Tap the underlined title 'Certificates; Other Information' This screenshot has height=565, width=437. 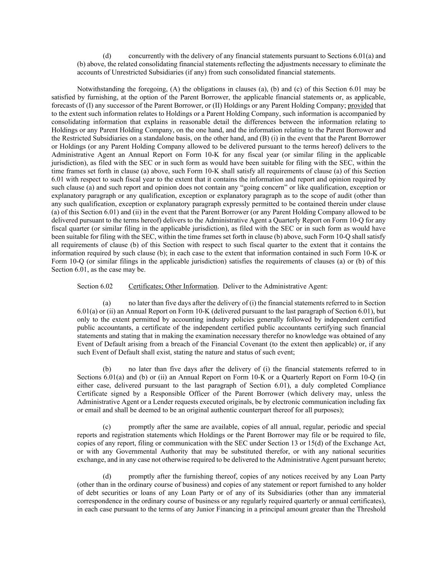[173, 286]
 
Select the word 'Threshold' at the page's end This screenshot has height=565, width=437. [372, 509]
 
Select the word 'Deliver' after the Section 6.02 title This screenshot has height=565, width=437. [233, 286]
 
